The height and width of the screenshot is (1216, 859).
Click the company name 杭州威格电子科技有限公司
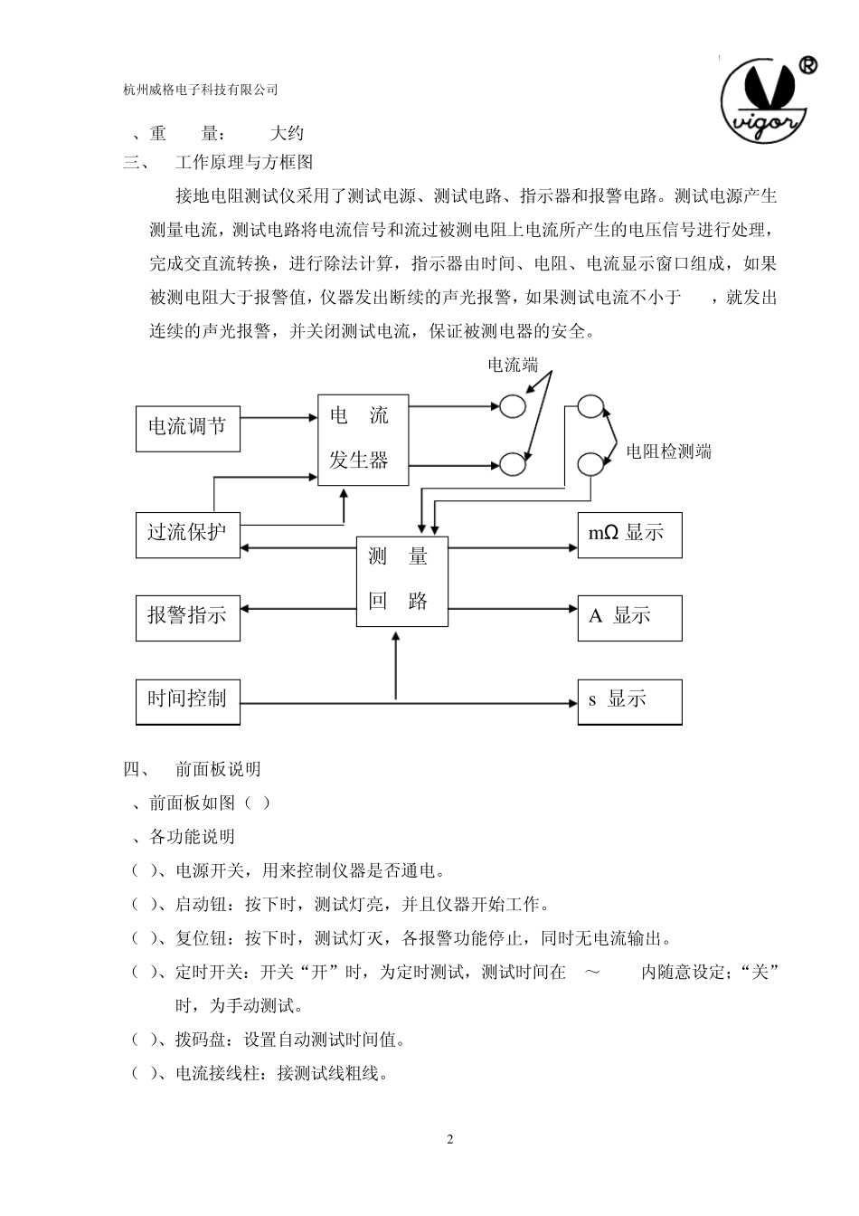click(200, 90)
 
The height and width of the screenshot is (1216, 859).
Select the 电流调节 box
click(188, 426)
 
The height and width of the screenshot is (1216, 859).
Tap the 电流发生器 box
click(363, 440)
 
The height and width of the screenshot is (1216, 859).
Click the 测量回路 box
click(402, 581)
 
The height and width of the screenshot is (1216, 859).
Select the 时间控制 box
click(188, 699)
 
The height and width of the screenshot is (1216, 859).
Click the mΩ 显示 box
click(629, 533)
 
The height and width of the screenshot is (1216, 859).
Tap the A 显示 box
click(629, 617)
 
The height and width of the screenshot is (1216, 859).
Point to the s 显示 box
click(629, 700)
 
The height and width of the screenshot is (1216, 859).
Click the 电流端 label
click(513, 366)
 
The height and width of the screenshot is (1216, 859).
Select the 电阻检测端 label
click(669, 451)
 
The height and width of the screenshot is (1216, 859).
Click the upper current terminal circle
click(513, 406)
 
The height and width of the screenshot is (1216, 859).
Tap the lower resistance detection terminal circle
click(591, 463)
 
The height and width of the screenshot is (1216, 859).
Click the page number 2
click(450, 1139)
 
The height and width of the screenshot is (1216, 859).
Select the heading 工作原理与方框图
click(244, 163)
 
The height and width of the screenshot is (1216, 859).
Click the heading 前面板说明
click(218, 769)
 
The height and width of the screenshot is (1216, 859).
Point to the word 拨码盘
click(199, 1040)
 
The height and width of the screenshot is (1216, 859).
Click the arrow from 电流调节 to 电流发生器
click(278, 418)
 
